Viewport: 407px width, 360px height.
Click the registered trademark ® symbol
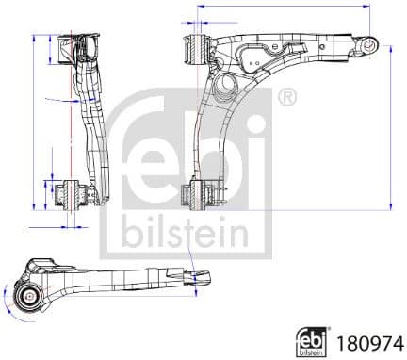287,97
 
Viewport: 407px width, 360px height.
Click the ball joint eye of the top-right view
371,44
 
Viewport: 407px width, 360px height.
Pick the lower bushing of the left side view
73,196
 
